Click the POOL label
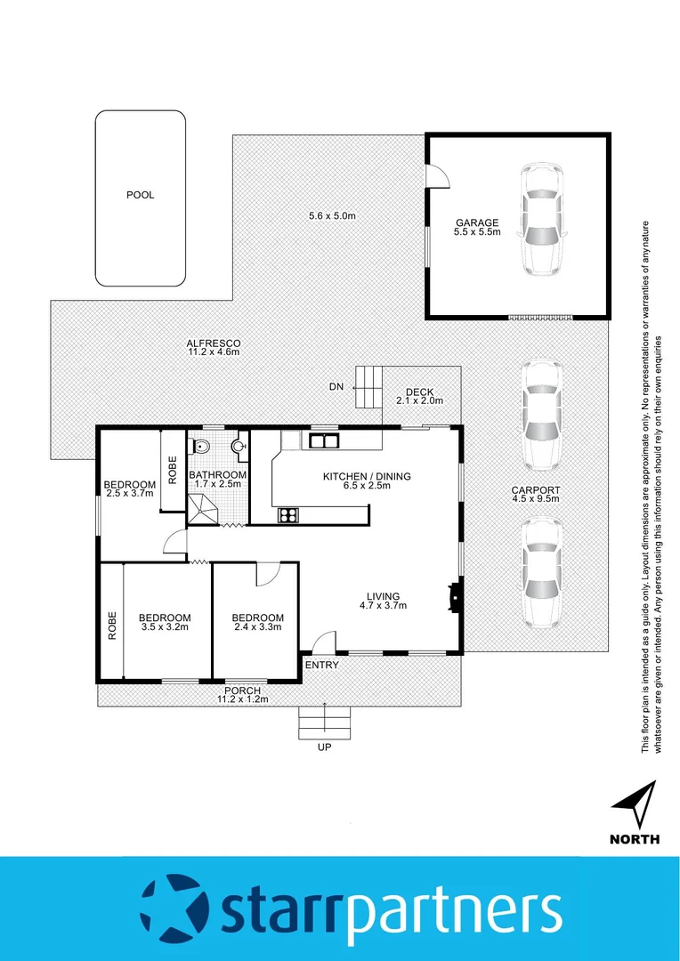(140, 195)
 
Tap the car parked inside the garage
(542, 219)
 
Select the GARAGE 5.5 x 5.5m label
(478, 228)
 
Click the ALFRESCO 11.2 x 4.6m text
(214, 347)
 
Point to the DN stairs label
(336, 386)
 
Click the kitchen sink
(321, 440)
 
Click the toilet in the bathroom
(201, 446)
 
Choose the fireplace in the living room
(455, 597)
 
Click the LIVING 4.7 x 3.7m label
(383, 601)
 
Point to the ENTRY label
(321, 665)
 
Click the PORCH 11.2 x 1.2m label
(242, 694)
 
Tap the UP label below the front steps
(324, 747)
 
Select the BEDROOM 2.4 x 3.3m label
(257, 622)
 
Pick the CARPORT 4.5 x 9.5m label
(535, 495)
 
